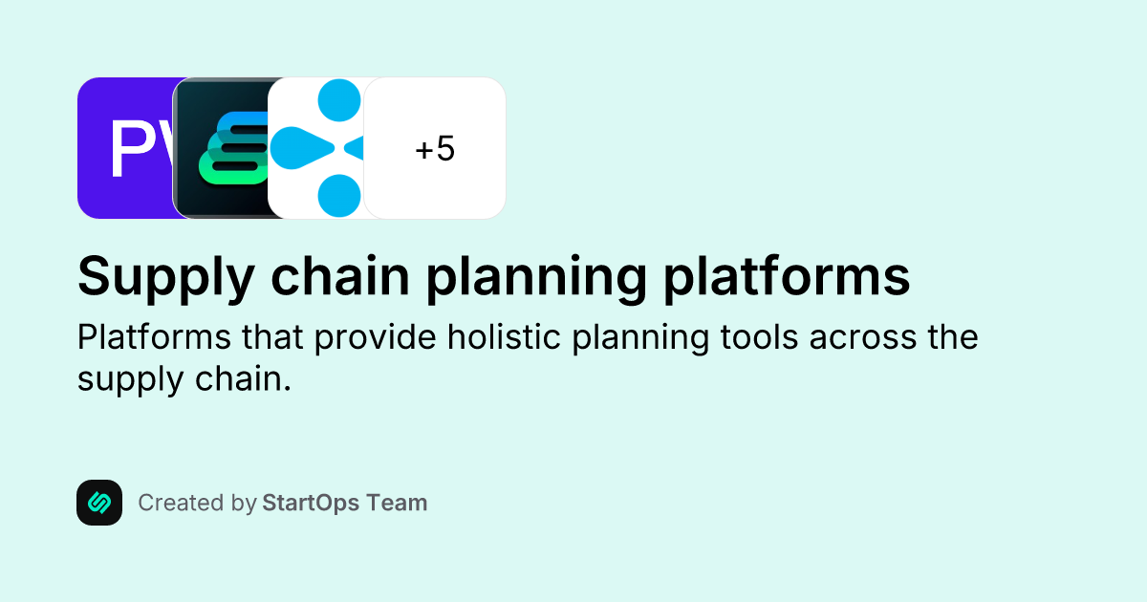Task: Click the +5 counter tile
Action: pyautogui.click(x=435, y=148)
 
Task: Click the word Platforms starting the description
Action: pyautogui.click(x=143, y=338)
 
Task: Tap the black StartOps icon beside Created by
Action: pyautogui.click(x=99, y=503)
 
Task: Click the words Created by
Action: pyautogui.click(x=197, y=503)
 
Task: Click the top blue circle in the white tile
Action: pyautogui.click(x=338, y=98)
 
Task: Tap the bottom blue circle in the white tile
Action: pyautogui.click(x=338, y=197)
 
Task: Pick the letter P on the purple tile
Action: pyautogui.click(x=128, y=150)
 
